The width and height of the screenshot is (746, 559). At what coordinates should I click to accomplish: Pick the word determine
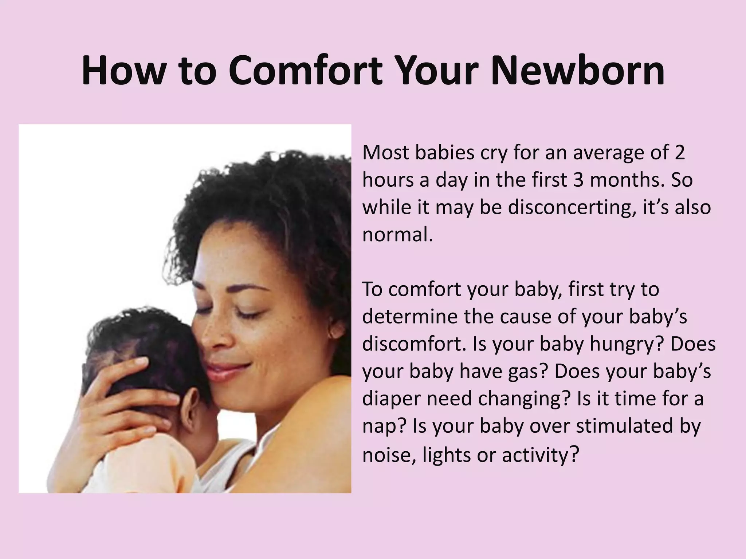[x=410, y=317]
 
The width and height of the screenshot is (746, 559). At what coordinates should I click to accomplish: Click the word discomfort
[x=413, y=344]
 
